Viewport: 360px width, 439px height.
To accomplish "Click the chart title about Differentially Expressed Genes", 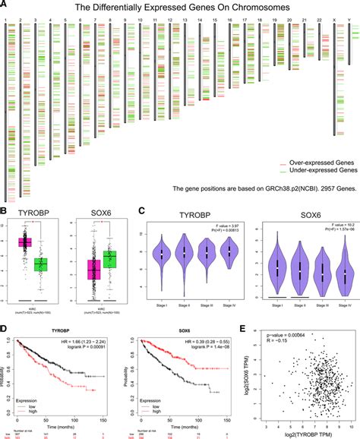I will pos(180,7).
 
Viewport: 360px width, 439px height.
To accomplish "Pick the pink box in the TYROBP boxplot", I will pos(30,242).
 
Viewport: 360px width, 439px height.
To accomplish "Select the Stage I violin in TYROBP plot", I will pos(162,254).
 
